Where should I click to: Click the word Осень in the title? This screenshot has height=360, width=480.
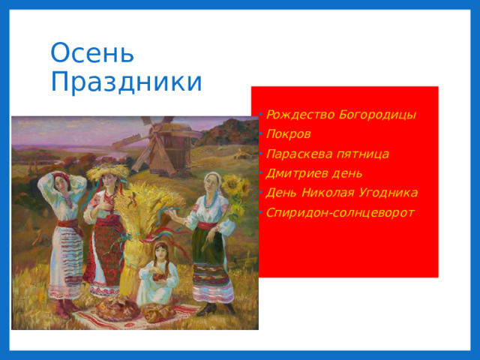tap(92, 53)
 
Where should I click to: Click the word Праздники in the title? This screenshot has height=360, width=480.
tap(126, 81)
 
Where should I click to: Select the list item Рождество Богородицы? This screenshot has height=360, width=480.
tap(340, 115)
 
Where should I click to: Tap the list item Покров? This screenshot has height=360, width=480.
tap(289, 134)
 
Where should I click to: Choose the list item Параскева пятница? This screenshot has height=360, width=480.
tap(327, 154)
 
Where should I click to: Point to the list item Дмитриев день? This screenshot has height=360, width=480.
tap(313, 173)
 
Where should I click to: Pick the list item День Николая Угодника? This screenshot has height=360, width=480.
tap(341, 193)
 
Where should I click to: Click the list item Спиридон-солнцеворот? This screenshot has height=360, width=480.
tap(340, 212)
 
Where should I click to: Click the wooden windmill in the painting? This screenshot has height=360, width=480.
tap(160, 146)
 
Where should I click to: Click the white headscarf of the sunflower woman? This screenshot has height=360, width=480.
tap(211, 176)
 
